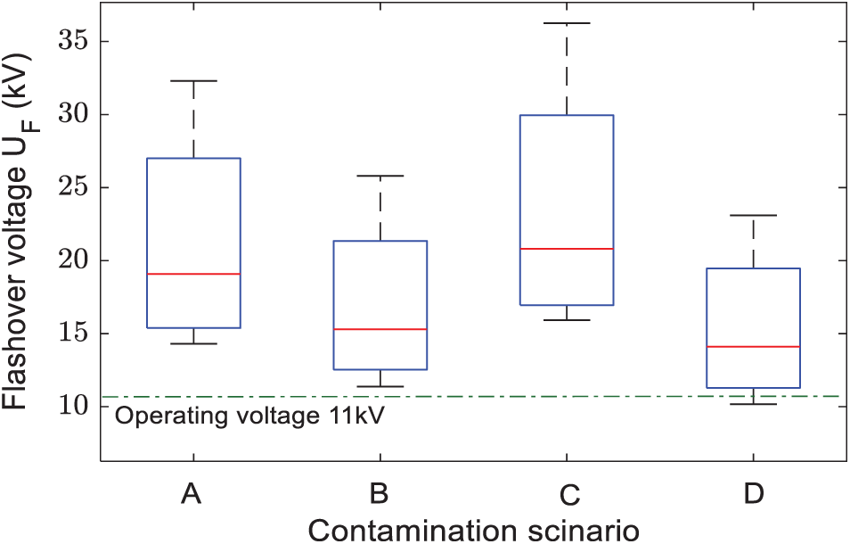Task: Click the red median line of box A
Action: [193, 274]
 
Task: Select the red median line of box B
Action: [380, 329]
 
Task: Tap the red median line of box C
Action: [567, 249]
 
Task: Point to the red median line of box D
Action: [754, 346]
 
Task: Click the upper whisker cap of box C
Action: [567, 23]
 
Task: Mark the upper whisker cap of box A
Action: [193, 81]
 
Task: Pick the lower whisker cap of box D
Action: [754, 404]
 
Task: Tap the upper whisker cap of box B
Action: [380, 176]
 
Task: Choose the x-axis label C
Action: [567, 494]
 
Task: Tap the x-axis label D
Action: [754, 494]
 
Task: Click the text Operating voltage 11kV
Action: [249, 416]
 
